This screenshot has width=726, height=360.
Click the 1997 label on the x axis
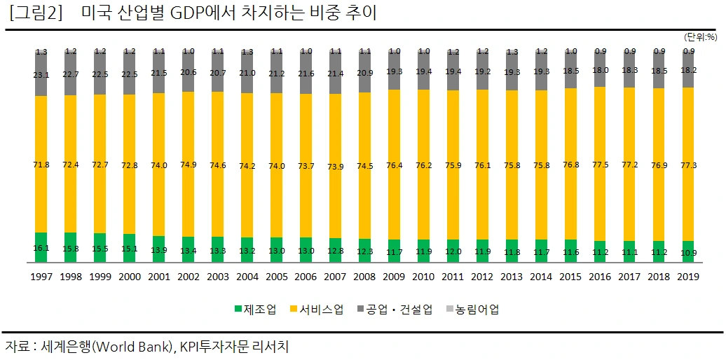41,277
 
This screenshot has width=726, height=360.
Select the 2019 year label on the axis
689,277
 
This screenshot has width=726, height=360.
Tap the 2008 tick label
365,277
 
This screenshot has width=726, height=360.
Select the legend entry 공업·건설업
395,309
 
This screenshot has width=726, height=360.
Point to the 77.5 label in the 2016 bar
601,165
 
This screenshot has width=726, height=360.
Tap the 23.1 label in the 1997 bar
41,73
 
